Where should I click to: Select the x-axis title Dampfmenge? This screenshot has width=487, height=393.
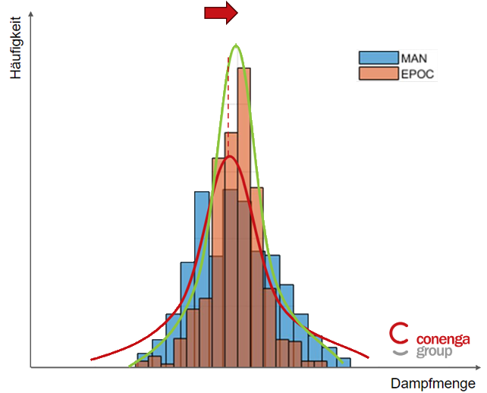[433, 383]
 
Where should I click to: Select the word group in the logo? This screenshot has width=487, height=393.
[434, 352]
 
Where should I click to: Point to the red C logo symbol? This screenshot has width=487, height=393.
[399, 335]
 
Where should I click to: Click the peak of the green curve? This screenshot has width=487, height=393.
[236, 46]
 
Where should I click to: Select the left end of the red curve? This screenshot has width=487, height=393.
[92, 359]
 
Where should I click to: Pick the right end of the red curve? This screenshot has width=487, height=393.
[368, 356]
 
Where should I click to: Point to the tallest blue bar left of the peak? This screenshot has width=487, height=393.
[202, 228]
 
